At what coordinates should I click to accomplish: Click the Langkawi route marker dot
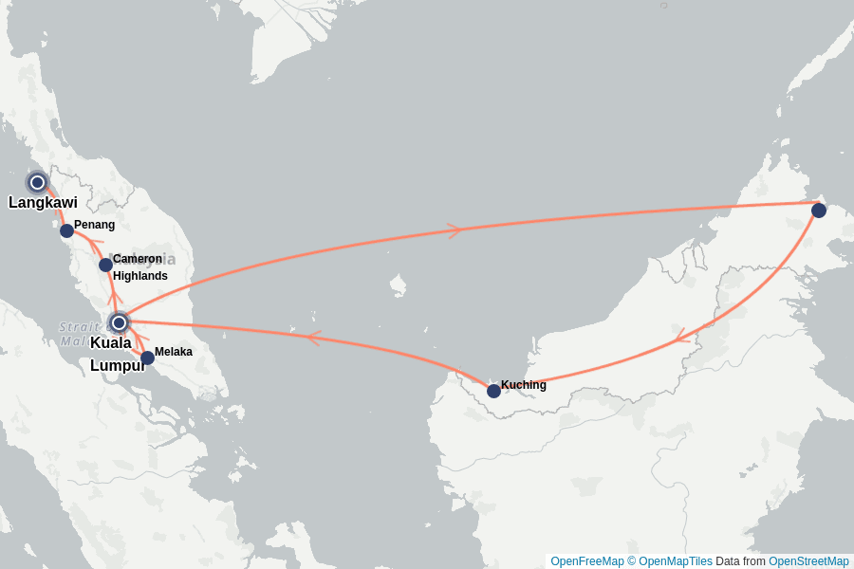coord(37,182)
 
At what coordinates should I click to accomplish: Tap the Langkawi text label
coord(43,202)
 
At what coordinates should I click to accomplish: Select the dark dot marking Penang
coord(66,230)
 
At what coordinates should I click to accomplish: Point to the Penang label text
coord(94,225)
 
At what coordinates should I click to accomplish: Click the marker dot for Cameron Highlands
coord(105,265)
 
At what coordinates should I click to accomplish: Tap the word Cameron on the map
coord(137,259)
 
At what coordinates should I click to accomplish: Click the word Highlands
coord(139,276)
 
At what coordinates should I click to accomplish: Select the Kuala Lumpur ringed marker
coord(119,322)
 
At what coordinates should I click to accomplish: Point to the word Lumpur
coord(118,365)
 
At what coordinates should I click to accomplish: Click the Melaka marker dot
coord(147,358)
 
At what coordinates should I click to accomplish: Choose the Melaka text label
coord(174,352)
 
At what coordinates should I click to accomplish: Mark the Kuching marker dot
coord(493,391)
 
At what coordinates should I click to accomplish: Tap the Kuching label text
coord(524,385)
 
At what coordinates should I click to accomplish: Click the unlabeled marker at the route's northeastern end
coord(819,211)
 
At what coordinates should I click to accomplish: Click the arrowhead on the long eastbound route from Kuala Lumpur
coord(455,229)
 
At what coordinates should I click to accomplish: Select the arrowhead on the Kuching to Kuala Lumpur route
coord(313,337)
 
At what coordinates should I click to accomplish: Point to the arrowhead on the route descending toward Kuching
coord(679,337)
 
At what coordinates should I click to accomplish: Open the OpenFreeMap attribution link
coord(586,561)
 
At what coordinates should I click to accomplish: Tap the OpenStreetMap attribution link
coord(808,561)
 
